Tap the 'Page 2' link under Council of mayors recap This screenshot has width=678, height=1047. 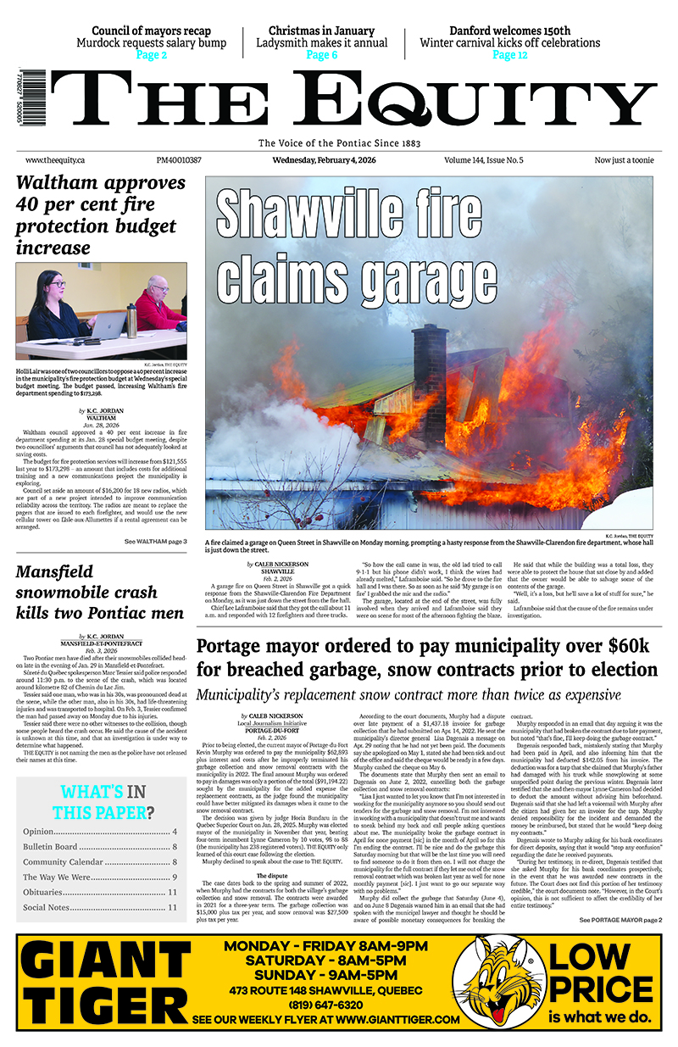pos(153,55)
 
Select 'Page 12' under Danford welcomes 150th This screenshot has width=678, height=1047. pos(510,55)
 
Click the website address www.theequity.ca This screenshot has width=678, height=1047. pos(53,160)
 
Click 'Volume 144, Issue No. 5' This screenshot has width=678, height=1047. pos(483,160)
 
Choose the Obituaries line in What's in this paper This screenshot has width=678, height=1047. pos(99,892)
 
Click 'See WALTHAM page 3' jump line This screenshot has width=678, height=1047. pos(155,542)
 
